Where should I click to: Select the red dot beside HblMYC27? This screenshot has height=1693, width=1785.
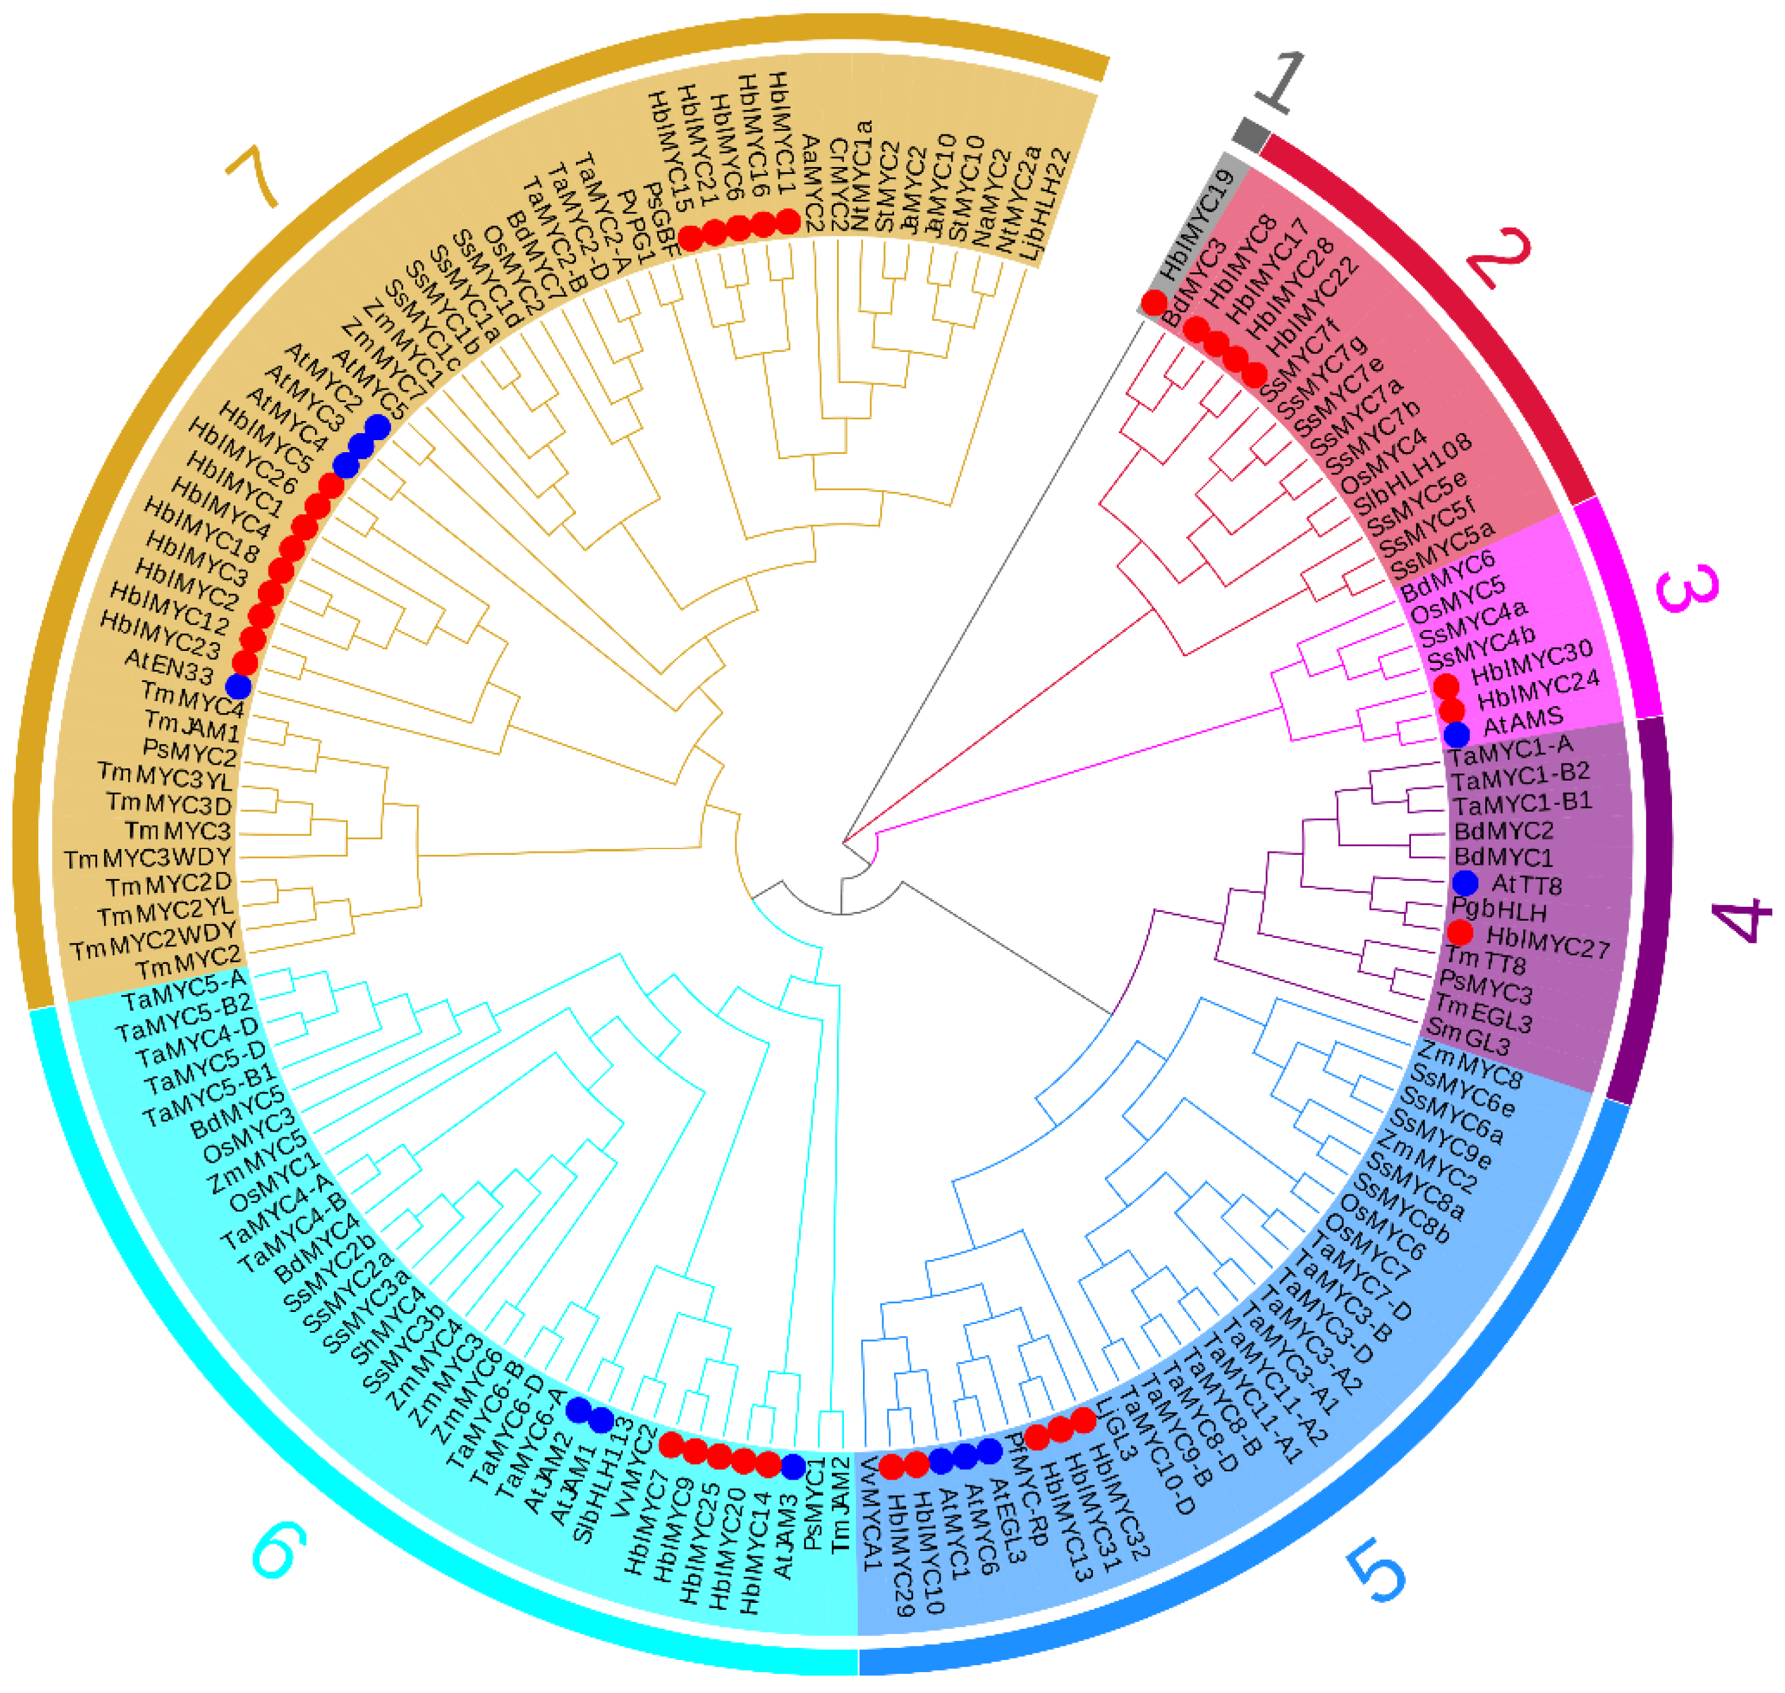coord(1460,933)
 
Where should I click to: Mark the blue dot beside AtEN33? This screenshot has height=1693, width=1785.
coord(238,686)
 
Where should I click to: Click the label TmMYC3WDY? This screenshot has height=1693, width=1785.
coord(148,858)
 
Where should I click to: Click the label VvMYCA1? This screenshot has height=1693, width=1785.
coord(870,1515)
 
